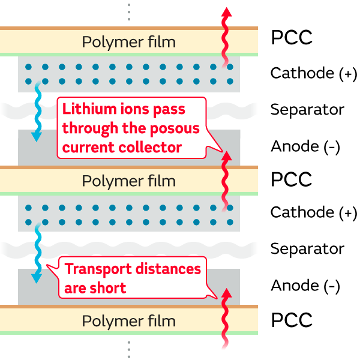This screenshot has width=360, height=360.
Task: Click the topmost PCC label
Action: (292, 38)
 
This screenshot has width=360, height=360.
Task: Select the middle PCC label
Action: (292, 179)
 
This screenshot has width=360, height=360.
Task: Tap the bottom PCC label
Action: (292, 320)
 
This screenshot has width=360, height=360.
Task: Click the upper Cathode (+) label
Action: (313, 73)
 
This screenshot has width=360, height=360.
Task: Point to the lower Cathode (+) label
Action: (313, 212)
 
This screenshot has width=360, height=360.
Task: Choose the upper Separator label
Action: (307, 110)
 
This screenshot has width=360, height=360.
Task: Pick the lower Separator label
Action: (307, 248)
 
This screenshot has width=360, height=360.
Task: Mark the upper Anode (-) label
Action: (305, 146)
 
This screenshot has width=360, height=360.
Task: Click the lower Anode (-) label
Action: (305, 286)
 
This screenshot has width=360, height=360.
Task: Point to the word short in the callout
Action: (109, 288)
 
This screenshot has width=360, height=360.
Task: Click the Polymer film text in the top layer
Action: (129, 42)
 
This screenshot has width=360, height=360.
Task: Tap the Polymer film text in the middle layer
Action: (129, 181)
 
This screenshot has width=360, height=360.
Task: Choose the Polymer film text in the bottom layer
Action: (129, 322)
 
